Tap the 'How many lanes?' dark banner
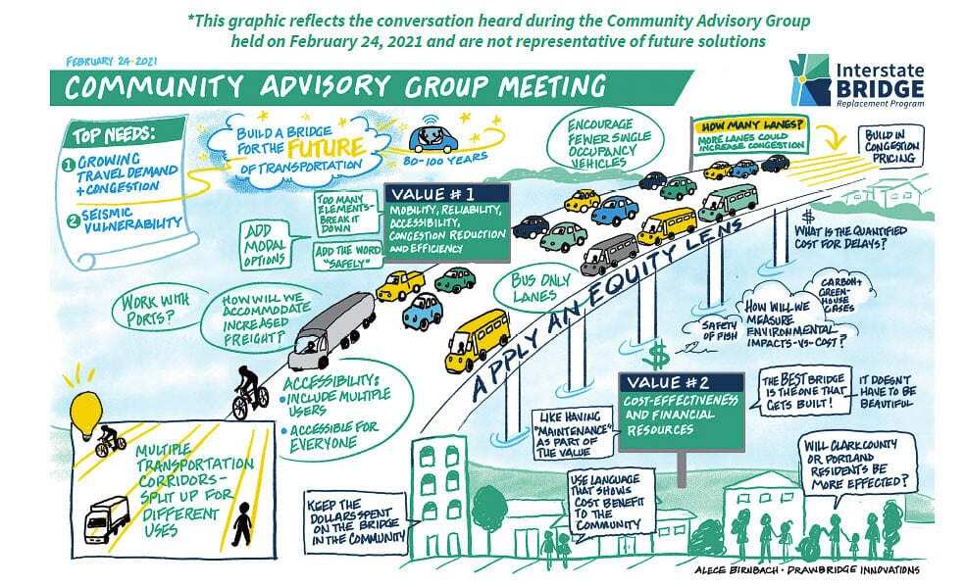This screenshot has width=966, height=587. (x=749, y=125)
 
